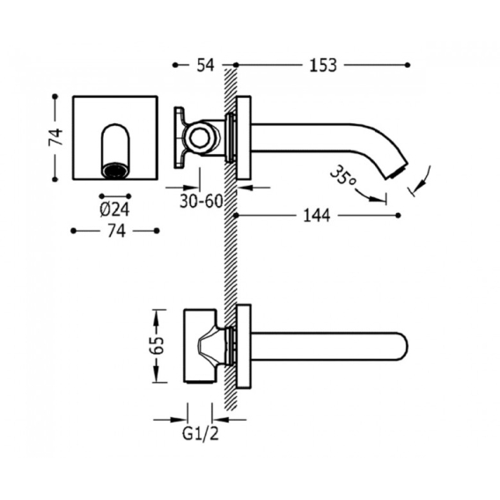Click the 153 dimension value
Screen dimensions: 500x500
click(323, 65)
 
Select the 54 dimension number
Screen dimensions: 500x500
click(205, 65)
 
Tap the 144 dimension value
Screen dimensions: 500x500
click(316, 216)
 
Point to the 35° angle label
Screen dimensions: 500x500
click(342, 176)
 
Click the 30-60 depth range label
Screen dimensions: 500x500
click(202, 201)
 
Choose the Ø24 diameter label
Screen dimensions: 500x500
click(114, 210)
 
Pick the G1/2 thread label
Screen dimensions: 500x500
click(201, 433)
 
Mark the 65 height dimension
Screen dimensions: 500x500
click(158, 345)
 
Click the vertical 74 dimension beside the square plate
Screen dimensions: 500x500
click(55, 137)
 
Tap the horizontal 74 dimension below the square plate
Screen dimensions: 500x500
click(116, 231)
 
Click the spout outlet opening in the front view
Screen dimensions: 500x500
click(115, 170)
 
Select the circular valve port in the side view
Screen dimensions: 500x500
click(201, 139)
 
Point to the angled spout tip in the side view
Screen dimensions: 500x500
click(399, 171)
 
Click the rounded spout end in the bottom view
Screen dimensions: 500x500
click(402, 347)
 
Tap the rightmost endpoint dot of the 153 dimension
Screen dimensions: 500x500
click(408, 65)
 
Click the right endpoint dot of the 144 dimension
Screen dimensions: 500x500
click(398, 216)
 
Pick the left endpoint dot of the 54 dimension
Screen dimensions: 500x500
click(175, 65)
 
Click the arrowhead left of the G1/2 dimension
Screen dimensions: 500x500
click(180, 420)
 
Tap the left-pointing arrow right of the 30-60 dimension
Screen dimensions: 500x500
click(245, 187)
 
